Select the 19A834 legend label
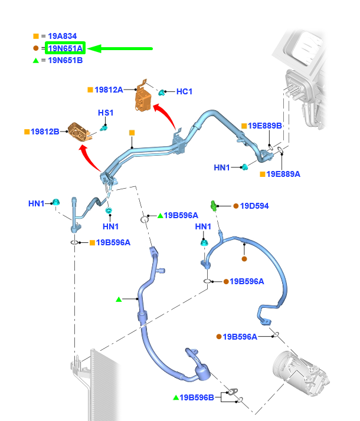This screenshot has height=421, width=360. (x=63, y=36)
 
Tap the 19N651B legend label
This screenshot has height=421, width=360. (x=66, y=60)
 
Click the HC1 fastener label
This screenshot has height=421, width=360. (x=185, y=91)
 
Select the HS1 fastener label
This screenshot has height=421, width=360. (x=106, y=113)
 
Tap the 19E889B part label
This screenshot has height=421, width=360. (x=265, y=126)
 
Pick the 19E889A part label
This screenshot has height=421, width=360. (x=283, y=174)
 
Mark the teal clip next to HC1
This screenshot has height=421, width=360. (x=161, y=92)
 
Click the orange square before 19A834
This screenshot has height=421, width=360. (x=37, y=36)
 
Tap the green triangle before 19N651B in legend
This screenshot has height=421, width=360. (x=37, y=60)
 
